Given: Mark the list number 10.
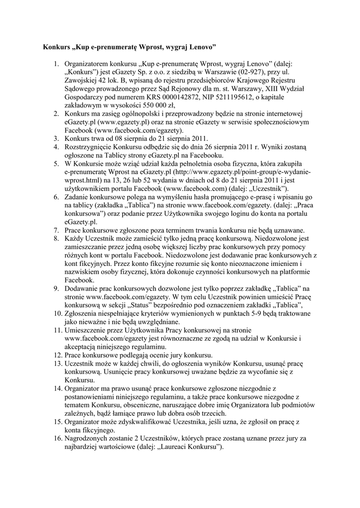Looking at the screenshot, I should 56,314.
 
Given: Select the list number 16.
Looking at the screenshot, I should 56,438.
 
